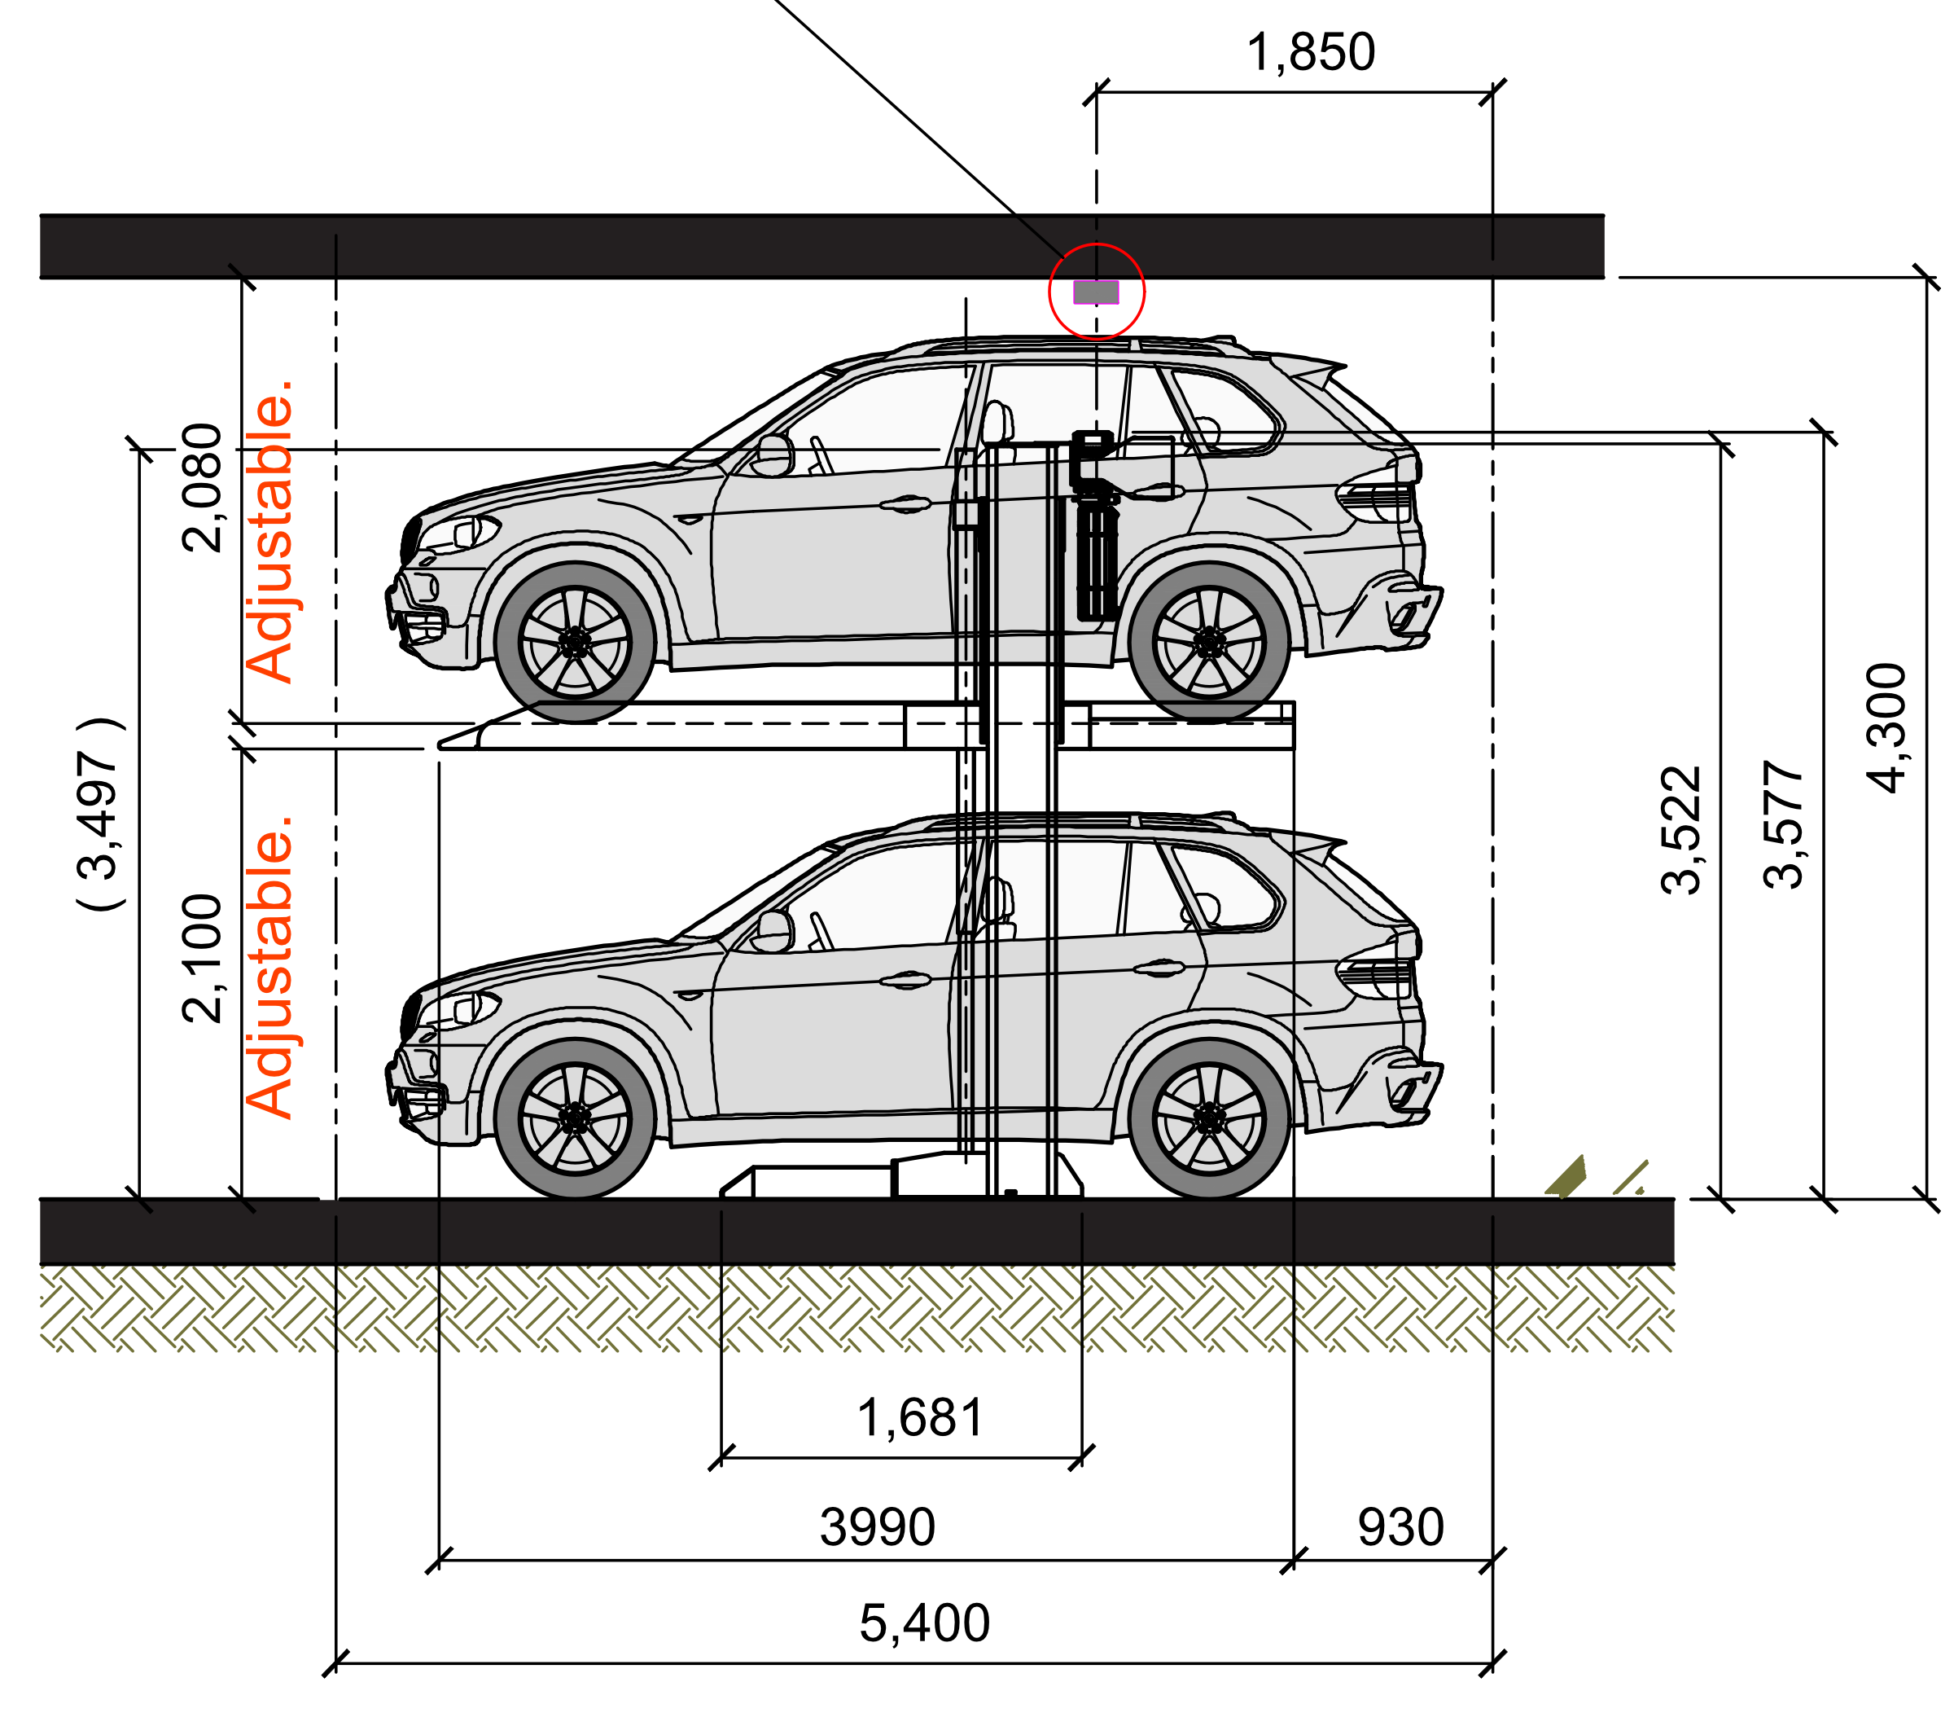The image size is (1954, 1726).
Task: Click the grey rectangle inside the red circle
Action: pos(1096,292)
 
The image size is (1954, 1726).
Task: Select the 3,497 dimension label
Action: pos(101,823)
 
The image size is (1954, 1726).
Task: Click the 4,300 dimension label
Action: pos(1890,736)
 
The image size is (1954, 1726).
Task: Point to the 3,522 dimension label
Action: pos(1684,841)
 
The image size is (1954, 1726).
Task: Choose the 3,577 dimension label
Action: pos(1787,837)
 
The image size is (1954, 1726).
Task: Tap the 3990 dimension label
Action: pos(867,1527)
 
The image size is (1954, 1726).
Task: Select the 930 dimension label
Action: pos(1393,1527)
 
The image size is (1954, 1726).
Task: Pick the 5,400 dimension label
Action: pos(915,1625)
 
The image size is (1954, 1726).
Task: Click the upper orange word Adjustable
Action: pos(270,532)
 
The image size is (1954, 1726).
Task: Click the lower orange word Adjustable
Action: pos(270,967)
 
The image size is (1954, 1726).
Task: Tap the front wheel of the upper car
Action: pos(575,642)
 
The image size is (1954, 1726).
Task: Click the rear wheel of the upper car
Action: pos(1209,642)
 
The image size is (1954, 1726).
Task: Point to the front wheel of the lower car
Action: pos(575,1118)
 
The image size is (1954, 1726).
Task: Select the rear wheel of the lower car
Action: pos(1209,1118)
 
